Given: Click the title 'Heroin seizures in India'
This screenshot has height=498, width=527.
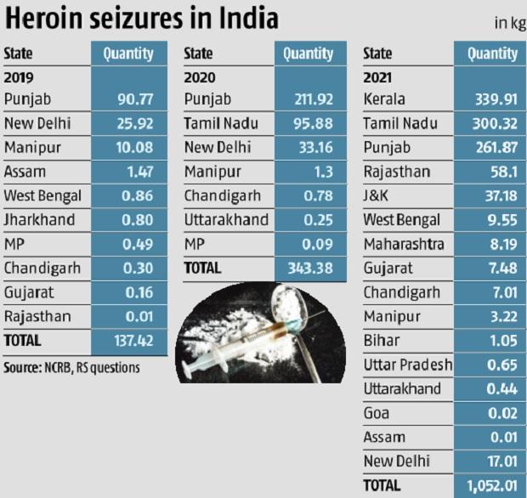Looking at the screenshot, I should (x=140, y=19).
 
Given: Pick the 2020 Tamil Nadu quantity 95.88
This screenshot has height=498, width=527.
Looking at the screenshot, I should (x=308, y=123).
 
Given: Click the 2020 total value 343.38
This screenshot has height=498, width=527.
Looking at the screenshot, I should (x=308, y=268).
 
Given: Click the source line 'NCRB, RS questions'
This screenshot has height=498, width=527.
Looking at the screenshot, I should (x=71, y=368).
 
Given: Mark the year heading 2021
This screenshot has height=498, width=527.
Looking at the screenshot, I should (x=378, y=76).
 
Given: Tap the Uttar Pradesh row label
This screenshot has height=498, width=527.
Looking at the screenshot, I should (x=406, y=365).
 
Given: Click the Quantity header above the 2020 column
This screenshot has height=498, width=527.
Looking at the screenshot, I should (x=308, y=54).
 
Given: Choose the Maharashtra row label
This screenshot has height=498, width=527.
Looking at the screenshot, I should (x=403, y=244).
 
